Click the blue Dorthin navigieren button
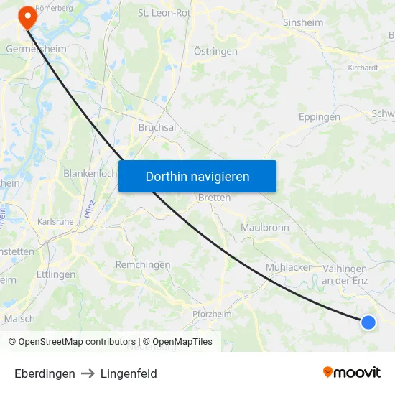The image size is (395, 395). [x=197, y=176]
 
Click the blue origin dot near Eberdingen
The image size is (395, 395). [x=368, y=322]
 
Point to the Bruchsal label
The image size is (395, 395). [x=157, y=127]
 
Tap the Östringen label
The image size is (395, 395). [x=215, y=51]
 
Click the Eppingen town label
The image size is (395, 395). [x=320, y=116]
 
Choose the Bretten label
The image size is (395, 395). [x=214, y=197]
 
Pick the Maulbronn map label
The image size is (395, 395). [x=265, y=228]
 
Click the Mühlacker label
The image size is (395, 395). [x=289, y=267]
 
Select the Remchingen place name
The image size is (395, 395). [x=143, y=265]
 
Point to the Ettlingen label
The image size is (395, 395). [x=55, y=274]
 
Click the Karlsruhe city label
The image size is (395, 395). [x=55, y=222]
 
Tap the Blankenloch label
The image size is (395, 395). [x=90, y=174]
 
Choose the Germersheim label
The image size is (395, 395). [x=35, y=48]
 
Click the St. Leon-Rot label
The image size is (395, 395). [x=164, y=13]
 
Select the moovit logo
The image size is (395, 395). [x=351, y=373]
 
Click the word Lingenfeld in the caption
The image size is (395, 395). [x=129, y=373]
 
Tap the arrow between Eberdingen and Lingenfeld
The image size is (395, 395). [x=88, y=373]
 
